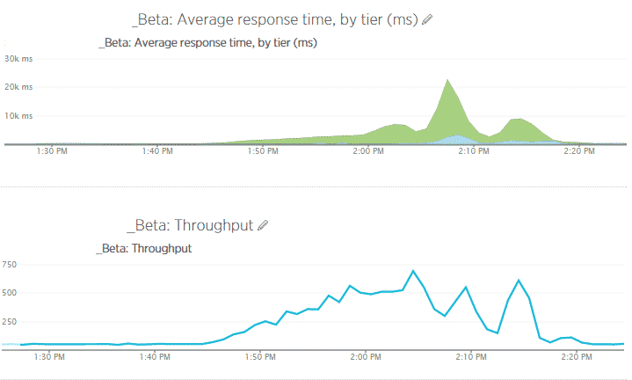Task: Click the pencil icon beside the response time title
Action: [x=427, y=19]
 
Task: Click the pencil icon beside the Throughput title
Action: [x=262, y=225]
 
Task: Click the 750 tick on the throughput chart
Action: [x=10, y=263]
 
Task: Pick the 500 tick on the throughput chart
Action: [x=10, y=292]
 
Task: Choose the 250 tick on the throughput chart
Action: [x=10, y=320]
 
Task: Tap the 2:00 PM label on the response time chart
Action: [x=367, y=151]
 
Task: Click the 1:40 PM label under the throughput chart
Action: [x=156, y=356]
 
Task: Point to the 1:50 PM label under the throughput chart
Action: [x=262, y=356]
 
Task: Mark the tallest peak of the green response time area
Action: [x=448, y=80]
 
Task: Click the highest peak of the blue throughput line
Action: [x=413, y=271]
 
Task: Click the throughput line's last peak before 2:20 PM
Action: [x=519, y=281]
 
